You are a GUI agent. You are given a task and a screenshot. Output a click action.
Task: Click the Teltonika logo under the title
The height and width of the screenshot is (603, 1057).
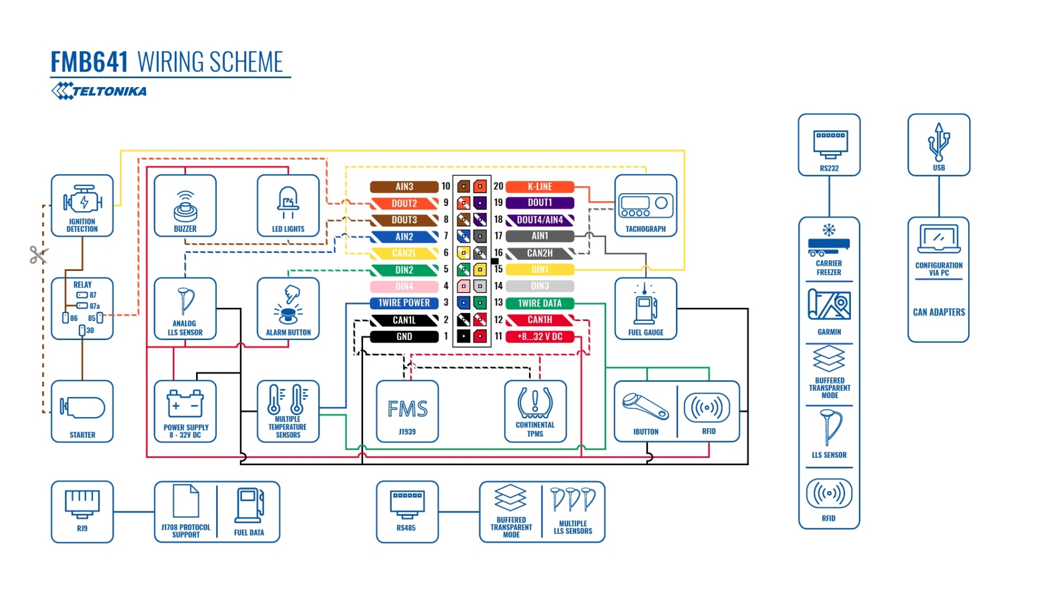coord(99,91)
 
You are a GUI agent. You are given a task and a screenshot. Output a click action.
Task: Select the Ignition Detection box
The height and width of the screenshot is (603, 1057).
coord(82,205)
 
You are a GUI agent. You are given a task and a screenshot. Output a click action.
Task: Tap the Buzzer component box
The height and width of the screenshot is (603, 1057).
coord(185,205)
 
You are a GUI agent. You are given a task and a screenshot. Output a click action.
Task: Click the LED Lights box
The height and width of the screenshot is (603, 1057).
coord(288,205)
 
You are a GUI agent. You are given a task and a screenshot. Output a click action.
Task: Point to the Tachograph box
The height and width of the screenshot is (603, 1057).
coord(646,205)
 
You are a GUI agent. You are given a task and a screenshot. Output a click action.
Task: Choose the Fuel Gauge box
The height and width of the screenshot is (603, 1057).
coord(646,308)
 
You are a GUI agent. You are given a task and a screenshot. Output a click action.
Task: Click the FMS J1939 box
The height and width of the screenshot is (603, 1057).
coord(407,411)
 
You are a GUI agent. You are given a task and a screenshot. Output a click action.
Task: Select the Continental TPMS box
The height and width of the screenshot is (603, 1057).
coord(535,411)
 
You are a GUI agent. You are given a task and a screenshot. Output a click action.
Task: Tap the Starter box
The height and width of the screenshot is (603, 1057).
coord(82,411)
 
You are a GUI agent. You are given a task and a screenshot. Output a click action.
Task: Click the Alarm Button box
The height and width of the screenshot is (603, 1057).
coord(288,308)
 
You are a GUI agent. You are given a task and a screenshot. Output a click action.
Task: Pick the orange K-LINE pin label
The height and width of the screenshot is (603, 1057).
coord(540,186)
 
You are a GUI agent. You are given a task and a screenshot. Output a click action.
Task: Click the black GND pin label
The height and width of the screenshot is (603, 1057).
coord(404,337)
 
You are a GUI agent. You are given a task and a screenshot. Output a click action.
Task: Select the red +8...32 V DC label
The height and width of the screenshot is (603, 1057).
coord(540,337)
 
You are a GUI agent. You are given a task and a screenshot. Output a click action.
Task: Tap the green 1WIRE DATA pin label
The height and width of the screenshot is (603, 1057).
coord(540,303)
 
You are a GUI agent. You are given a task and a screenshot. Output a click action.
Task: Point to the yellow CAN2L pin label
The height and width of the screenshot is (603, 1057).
coord(404,253)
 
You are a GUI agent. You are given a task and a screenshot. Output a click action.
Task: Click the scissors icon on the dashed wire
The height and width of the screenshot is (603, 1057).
coord(39,255)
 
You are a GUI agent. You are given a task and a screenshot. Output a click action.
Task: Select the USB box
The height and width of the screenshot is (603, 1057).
coord(939,145)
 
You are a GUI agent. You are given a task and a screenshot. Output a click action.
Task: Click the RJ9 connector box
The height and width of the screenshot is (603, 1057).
coord(82,511)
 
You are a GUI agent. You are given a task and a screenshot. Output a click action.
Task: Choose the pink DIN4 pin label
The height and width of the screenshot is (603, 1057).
coord(404,286)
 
